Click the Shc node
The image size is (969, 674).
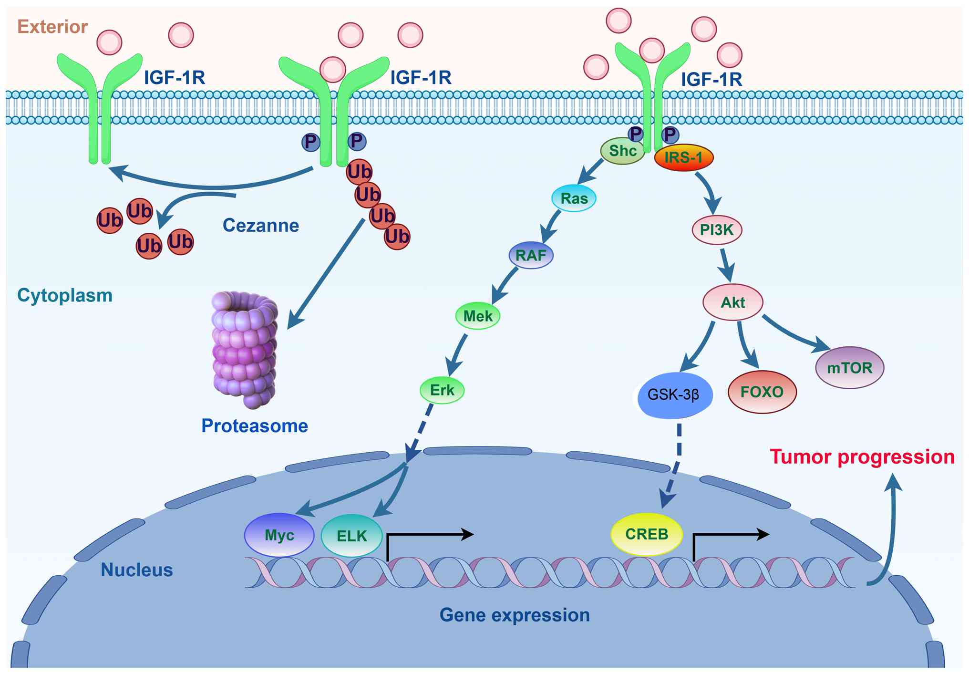622,151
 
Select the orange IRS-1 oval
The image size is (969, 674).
683,157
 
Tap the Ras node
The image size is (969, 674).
574,198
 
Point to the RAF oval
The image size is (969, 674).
531,255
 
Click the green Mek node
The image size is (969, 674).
478,316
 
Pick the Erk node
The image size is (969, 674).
442,390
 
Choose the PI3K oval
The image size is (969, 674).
717,230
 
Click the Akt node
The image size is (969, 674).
733,302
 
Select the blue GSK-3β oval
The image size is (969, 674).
673,395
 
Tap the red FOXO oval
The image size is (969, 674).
762,392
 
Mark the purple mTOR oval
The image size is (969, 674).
849,368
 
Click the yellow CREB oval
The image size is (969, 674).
647,534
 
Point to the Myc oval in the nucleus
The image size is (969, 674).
279,535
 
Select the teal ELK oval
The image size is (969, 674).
352,536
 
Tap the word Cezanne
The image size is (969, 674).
261,226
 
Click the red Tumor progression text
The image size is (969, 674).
862,457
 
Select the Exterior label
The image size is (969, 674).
52,27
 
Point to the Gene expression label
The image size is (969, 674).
515,615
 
